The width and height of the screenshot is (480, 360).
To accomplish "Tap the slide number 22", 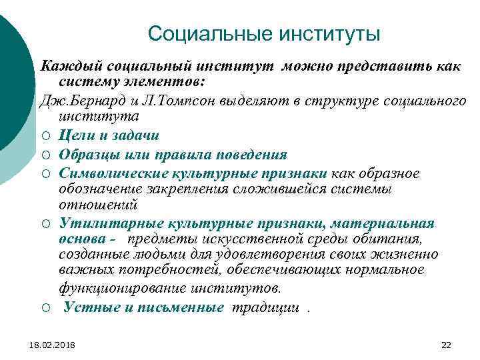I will pos(447,344).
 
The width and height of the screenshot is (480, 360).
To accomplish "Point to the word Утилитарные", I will pos(99,223).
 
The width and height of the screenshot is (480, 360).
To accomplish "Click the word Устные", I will pos(85,307).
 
